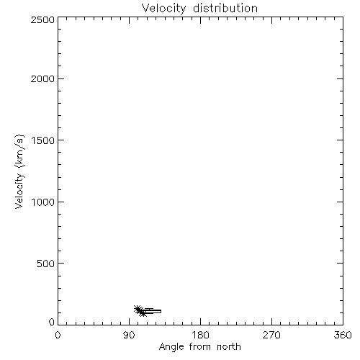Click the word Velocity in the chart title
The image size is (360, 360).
(163, 9)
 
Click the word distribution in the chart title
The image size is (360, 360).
(225, 8)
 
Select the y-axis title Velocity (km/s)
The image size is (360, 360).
(19, 171)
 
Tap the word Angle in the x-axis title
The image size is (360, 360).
(171, 347)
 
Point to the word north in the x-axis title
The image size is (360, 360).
(229, 346)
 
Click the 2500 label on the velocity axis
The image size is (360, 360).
(42, 19)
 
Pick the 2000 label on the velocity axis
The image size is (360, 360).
(42, 78)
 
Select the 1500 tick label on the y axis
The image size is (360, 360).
(43, 140)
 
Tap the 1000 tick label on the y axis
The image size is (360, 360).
(43, 202)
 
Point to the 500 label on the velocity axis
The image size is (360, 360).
(46, 264)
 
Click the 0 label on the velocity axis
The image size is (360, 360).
(52, 322)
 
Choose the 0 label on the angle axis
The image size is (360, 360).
(58, 335)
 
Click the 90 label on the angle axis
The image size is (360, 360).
(129, 335)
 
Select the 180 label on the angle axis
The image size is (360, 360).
(200, 335)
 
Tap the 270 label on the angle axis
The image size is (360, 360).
(271, 335)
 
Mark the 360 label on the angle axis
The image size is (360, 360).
(343, 335)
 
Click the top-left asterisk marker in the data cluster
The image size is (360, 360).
(138, 309)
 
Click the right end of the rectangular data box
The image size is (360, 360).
(161, 311)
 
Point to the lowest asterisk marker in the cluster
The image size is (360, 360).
(143, 313)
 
